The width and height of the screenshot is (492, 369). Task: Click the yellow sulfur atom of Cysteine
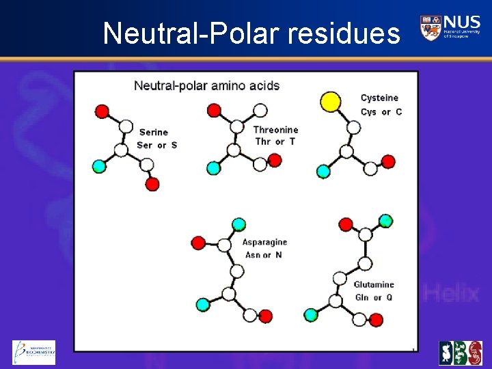pyautogui.click(x=331, y=102)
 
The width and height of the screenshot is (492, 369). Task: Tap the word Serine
pyautogui.click(x=153, y=132)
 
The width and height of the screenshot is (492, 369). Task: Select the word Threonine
pyautogui.click(x=275, y=130)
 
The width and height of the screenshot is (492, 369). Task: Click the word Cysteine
pyautogui.click(x=379, y=98)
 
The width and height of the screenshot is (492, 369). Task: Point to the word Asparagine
pyautogui.click(x=264, y=242)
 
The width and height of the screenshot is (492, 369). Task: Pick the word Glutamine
pyautogui.click(x=374, y=284)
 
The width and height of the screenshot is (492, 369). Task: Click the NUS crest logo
pyautogui.click(x=430, y=27)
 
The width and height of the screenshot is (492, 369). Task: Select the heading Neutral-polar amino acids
pyautogui.click(x=206, y=85)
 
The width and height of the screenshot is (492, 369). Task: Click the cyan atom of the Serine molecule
pyautogui.click(x=100, y=166)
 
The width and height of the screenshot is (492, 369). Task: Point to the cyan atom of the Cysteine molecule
pyautogui.click(x=323, y=171)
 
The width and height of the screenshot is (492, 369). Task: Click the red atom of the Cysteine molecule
pyautogui.click(x=388, y=162)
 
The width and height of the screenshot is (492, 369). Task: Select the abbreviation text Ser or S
pyautogui.click(x=156, y=145)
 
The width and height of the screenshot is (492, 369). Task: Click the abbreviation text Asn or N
pyautogui.click(x=263, y=255)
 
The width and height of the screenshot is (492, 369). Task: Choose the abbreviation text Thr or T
pyautogui.click(x=274, y=141)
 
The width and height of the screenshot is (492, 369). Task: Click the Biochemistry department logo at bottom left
pyautogui.click(x=34, y=352)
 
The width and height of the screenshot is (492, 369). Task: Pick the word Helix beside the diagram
pyautogui.click(x=452, y=294)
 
